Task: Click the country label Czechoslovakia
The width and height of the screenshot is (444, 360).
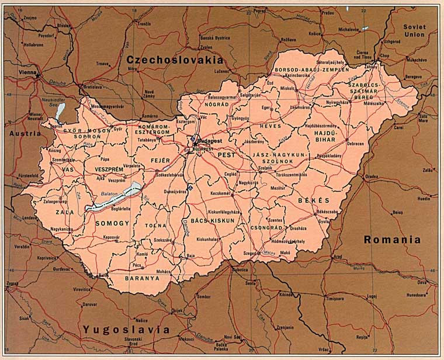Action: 174,60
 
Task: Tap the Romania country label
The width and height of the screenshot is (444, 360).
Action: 391,239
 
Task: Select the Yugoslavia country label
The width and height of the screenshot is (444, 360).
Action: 126,330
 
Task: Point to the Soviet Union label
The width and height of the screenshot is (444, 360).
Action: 414,30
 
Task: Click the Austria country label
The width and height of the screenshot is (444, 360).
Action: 25,133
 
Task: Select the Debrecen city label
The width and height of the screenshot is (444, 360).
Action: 355,143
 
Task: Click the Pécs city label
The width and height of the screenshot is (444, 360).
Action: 137,265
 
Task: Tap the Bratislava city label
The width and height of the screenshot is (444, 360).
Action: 92,87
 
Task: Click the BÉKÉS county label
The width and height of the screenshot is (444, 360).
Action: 310,200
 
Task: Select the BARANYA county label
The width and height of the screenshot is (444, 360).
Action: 142,279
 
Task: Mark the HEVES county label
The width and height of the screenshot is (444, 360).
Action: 270,126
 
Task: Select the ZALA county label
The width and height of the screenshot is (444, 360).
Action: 65,213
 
